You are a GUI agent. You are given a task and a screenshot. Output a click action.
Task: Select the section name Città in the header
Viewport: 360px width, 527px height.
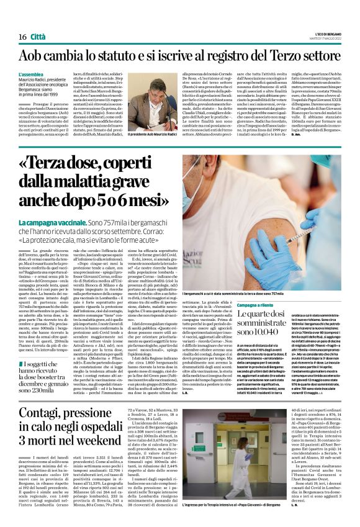38,20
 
